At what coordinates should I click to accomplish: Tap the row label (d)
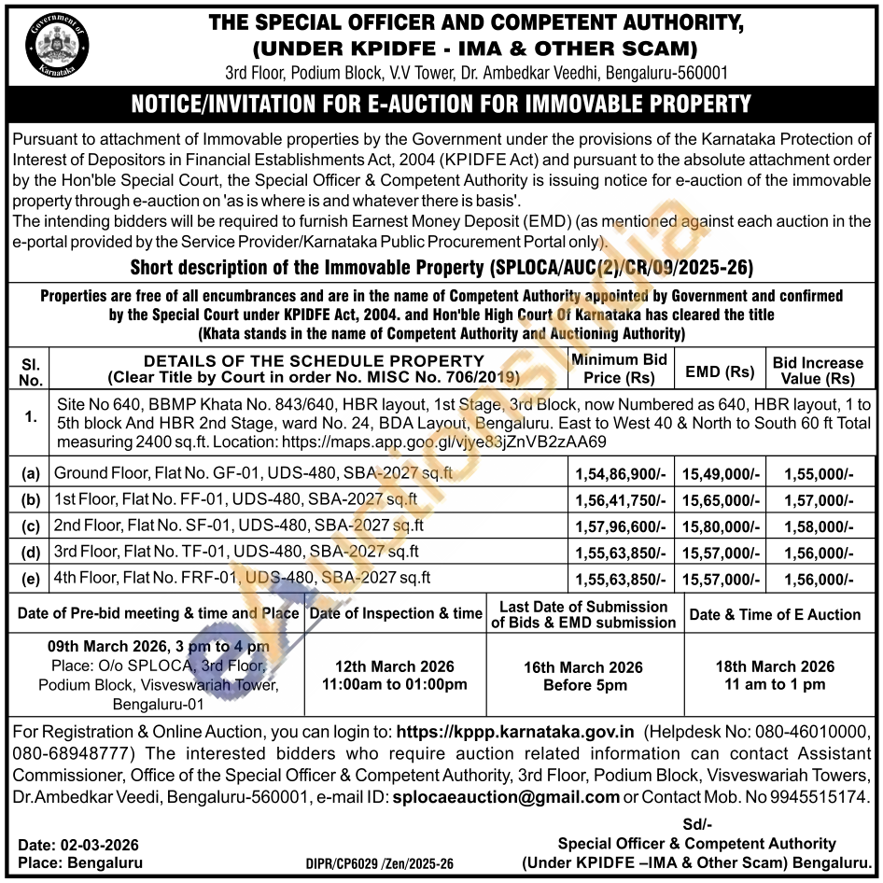(31, 553)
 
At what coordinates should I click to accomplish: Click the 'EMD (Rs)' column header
(719, 371)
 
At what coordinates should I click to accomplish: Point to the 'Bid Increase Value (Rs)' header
(819, 371)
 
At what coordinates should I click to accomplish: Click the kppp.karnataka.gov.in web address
(515, 734)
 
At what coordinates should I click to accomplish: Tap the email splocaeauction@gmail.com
(505, 797)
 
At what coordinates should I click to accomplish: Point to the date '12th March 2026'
(394, 666)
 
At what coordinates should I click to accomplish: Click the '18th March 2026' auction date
(775, 666)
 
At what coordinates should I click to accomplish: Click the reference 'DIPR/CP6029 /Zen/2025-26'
(379, 865)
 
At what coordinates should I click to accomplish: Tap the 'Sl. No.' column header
(31, 371)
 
